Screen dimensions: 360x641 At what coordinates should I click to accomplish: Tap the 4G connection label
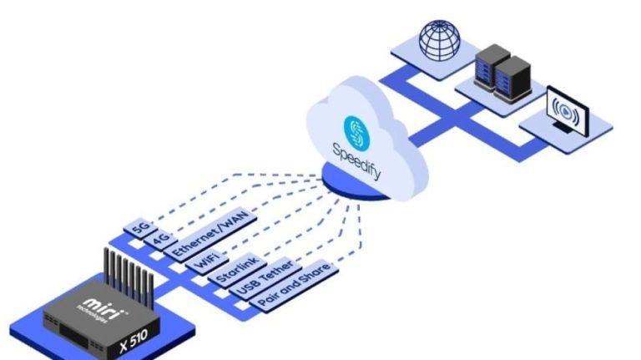tap(158, 236)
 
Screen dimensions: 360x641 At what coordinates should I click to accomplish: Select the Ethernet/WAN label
tap(205, 234)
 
